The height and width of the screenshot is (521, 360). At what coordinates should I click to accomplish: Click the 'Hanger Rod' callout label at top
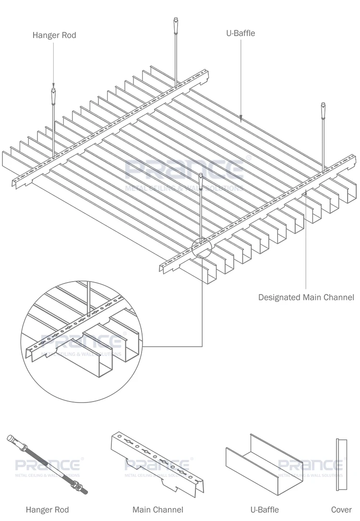[x=54, y=35]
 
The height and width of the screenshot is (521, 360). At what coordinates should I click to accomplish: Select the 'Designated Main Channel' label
[x=306, y=297]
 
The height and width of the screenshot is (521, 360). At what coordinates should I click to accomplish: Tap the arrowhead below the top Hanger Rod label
[x=53, y=84]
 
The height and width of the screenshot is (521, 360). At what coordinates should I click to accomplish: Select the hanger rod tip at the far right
[x=324, y=108]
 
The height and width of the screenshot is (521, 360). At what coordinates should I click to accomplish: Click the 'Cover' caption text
[x=341, y=509]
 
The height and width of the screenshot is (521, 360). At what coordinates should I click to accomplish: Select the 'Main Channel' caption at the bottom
[x=158, y=509]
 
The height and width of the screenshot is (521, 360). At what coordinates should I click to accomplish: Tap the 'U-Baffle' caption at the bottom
[x=264, y=509]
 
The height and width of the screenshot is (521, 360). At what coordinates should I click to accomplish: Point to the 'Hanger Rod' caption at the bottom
[x=47, y=509]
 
